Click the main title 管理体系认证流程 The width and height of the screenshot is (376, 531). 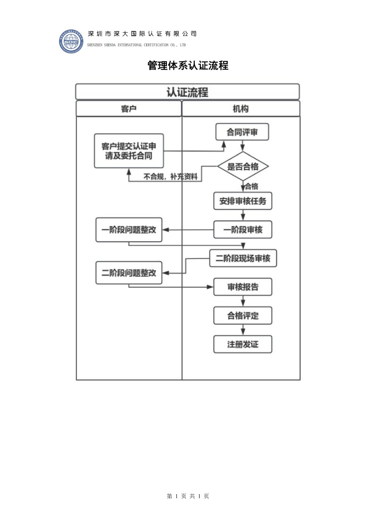click(x=188, y=65)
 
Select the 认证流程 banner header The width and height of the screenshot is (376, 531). click(x=188, y=92)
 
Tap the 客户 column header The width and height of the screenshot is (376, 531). click(x=129, y=109)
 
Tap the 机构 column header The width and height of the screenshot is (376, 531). click(x=241, y=109)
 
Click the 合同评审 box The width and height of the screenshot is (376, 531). click(x=242, y=132)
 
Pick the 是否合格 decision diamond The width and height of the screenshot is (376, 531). click(x=243, y=166)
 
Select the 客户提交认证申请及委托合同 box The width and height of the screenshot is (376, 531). click(x=129, y=151)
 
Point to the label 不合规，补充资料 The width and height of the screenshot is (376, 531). click(x=170, y=177)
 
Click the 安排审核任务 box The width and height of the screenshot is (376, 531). click(x=243, y=201)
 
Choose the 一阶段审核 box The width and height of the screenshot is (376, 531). click(x=243, y=230)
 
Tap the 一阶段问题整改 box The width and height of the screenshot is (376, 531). click(x=129, y=230)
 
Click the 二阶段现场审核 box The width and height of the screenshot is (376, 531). click(x=243, y=258)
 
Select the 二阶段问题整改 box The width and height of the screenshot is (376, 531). click(x=129, y=273)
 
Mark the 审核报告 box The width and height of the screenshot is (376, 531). click(x=243, y=287)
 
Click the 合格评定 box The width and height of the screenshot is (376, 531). click(x=243, y=316)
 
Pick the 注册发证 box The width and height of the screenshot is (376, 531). click(x=243, y=344)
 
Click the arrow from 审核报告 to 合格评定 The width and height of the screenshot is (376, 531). click(x=243, y=301)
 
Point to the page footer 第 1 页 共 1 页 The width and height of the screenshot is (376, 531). click(x=188, y=496)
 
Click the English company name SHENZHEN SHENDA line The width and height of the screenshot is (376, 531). click(x=136, y=45)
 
